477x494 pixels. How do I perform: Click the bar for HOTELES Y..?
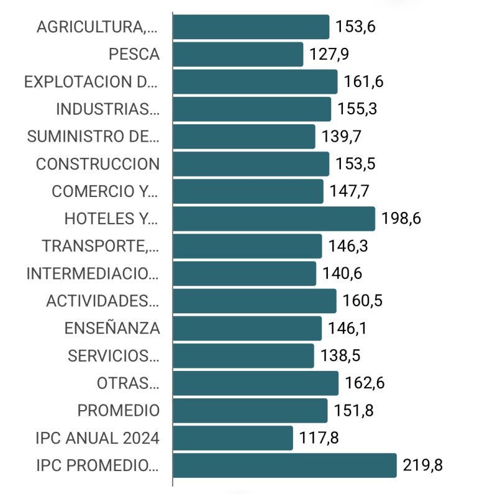pos(273,219)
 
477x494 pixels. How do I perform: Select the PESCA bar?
pos(237,54)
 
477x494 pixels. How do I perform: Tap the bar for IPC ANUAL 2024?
pos(232,438)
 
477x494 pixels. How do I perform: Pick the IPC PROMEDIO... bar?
pos(284,465)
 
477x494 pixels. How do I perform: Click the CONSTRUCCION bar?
pos(250,164)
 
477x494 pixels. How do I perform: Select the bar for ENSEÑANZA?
pos(247,328)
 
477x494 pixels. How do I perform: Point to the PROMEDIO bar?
pos(250,411)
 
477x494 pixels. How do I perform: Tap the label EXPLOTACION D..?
pos(91,81)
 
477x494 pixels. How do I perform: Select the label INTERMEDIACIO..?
pos(93,273)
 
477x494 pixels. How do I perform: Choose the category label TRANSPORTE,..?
pos(101,246)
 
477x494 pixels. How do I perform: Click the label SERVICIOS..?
pos(114,356)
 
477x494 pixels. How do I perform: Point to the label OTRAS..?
pos(128,383)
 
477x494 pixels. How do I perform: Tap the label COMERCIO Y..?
pos(106,191)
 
